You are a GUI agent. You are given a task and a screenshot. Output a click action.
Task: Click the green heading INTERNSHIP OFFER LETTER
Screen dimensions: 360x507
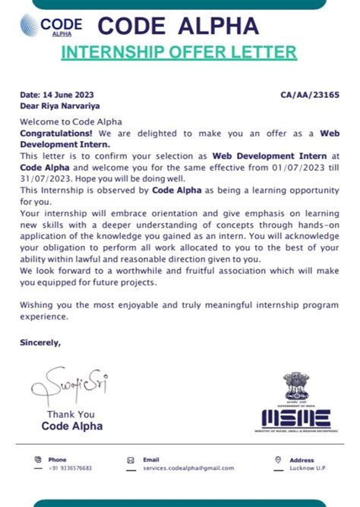point(178,52)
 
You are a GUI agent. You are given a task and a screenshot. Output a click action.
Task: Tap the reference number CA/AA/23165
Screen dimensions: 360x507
point(310,95)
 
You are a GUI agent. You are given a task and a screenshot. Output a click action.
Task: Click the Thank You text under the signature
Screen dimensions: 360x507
point(71,414)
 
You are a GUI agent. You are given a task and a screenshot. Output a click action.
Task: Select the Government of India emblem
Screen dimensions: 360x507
point(295,388)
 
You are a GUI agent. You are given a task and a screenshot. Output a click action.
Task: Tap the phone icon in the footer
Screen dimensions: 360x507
point(36,459)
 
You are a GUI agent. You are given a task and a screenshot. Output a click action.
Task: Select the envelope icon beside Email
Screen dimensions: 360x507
point(131,459)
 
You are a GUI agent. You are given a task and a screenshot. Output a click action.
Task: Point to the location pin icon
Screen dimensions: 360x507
point(278,459)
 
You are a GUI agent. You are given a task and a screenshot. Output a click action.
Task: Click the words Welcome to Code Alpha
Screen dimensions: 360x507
point(71,121)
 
